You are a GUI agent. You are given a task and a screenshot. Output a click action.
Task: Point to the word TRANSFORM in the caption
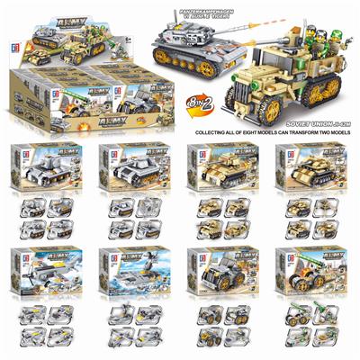tap(302, 122)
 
